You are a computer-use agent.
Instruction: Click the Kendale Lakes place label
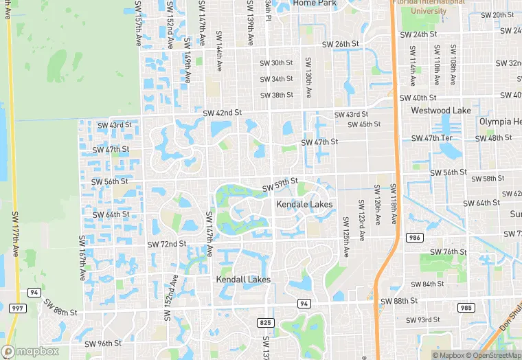point(304,205)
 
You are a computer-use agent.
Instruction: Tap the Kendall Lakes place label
point(243,280)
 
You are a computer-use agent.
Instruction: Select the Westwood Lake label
point(441,111)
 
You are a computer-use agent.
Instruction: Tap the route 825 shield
point(266,322)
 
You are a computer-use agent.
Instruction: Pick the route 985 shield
point(466,307)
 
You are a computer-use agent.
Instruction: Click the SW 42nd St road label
point(223,112)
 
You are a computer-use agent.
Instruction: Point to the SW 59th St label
point(280,185)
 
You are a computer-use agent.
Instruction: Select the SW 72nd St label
point(167,244)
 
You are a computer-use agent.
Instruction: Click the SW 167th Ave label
point(82,258)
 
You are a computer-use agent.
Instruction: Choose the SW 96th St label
point(99,344)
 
